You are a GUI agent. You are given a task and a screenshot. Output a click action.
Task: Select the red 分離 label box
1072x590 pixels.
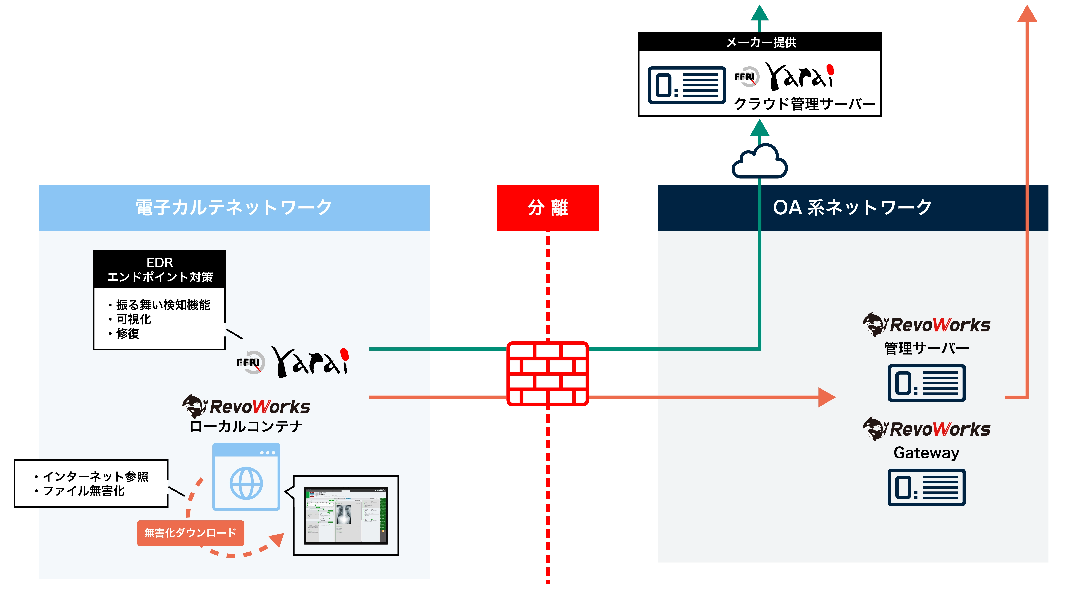pos(547,208)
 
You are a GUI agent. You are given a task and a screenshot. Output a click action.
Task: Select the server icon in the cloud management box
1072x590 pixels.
pos(687,85)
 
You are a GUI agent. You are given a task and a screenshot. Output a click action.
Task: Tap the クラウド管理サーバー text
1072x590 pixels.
pos(804,104)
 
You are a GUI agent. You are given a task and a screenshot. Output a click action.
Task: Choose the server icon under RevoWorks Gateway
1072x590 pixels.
pos(926,487)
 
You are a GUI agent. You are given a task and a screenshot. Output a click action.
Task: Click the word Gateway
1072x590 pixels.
pos(926,453)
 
